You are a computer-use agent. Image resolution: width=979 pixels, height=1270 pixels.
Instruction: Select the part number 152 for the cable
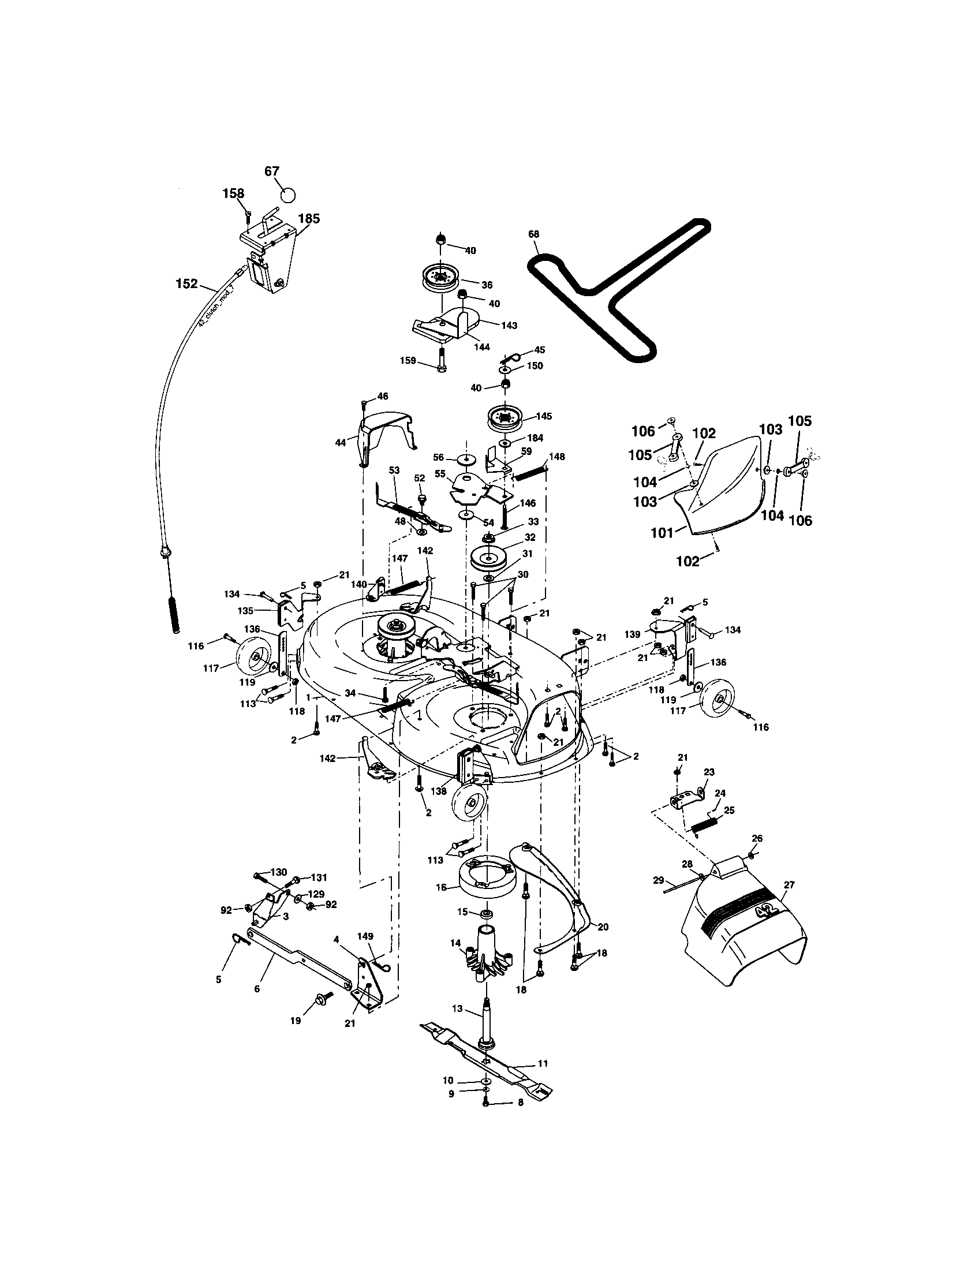[186, 283]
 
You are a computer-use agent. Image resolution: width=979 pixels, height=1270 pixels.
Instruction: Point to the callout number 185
[309, 219]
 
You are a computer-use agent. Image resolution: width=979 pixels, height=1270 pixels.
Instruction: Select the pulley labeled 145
[503, 420]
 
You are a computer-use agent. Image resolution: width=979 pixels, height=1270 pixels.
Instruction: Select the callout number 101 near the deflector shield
[660, 532]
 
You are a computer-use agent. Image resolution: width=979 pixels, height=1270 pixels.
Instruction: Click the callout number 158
[233, 193]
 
